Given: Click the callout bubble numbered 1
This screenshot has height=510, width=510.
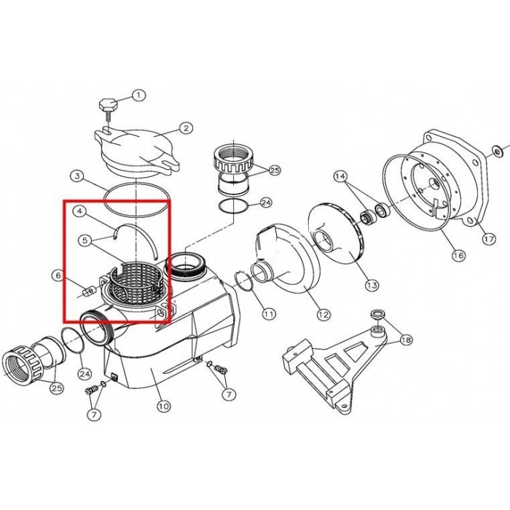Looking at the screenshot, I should coord(139,94).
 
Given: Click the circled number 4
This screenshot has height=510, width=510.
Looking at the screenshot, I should coord(81,212).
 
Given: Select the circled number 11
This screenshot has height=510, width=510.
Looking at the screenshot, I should coord(270,314).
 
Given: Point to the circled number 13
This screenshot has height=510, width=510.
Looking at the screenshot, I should coord(372,285).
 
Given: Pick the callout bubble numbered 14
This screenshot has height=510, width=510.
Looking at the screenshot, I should coord(340,176).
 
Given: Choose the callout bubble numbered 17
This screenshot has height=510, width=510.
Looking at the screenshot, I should coord(485,238).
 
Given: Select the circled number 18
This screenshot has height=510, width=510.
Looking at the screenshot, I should coord(405,339).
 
